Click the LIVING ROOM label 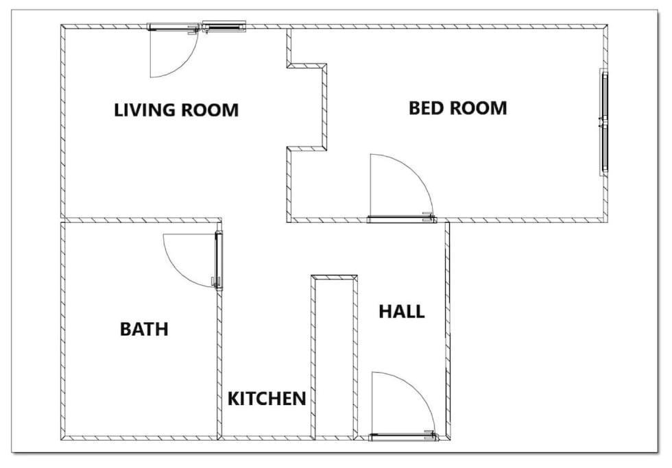pos(176,110)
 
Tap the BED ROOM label pos(458,108)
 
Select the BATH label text pos(144,330)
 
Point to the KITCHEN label pos(267,399)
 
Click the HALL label pos(402,311)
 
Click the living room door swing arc pos(184,64)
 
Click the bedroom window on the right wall pos(604,121)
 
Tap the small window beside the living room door pos(224,27)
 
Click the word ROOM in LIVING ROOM pos(210,110)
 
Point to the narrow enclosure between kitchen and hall pos(335,357)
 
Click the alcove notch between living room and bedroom pos(307,107)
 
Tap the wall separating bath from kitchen pos(219,364)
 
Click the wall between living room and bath pos(141,220)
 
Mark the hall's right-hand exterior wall pos(447,330)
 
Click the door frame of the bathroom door pos(219,261)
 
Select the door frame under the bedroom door pos(402,220)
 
